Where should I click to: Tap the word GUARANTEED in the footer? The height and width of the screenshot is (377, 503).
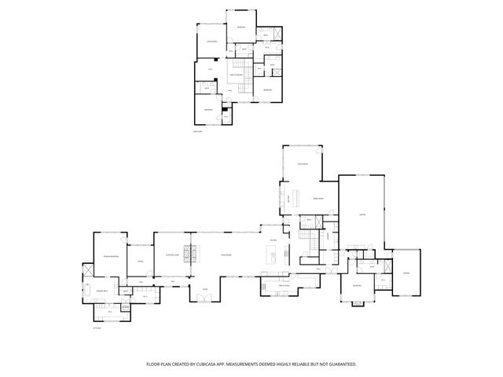(341, 364)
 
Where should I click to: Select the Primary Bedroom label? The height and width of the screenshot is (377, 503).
(110, 256)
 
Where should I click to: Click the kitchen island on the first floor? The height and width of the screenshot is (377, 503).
(273, 254)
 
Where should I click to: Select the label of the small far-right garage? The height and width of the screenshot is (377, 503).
(406, 273)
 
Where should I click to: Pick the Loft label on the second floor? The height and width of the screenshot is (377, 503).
(211, 70)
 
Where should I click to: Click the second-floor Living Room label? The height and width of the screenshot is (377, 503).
(211, 41)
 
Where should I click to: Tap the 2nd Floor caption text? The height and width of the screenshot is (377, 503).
(198, 132)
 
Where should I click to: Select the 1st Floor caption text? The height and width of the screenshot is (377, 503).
(97, 329)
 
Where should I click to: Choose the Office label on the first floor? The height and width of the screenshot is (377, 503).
(141, 260)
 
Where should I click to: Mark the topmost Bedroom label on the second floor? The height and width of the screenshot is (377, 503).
(241, 27)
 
